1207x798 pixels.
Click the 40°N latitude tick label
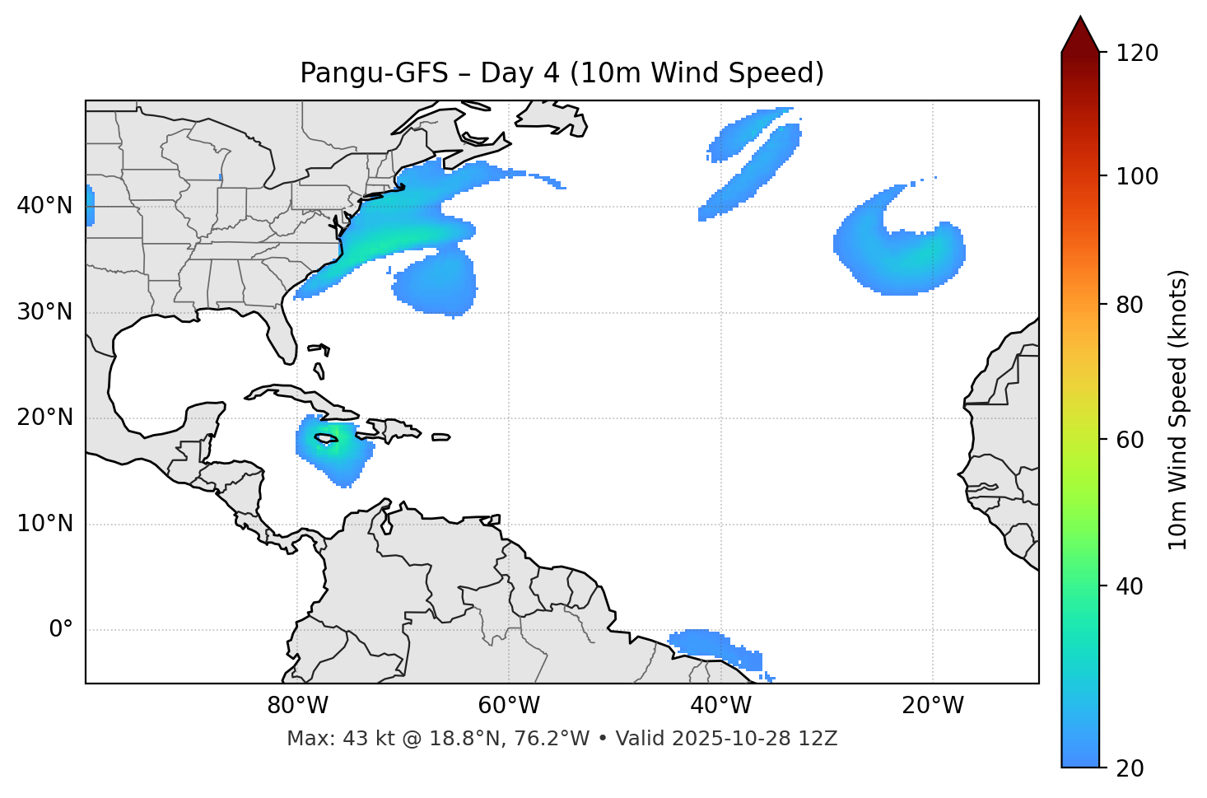point(44,206)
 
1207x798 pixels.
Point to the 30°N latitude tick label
point(44,312)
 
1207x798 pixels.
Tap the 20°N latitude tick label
point(44,418)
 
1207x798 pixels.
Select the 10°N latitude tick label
point(44,524)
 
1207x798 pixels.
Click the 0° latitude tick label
point(61,630)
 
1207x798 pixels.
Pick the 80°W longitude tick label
point(297,706)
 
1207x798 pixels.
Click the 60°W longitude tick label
point(509,706)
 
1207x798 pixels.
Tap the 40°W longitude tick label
point(720,706)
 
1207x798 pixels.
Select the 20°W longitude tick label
point(932,706)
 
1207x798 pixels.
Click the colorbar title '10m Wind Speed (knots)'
point(1178,409)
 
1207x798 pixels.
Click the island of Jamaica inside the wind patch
point(327,440)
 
